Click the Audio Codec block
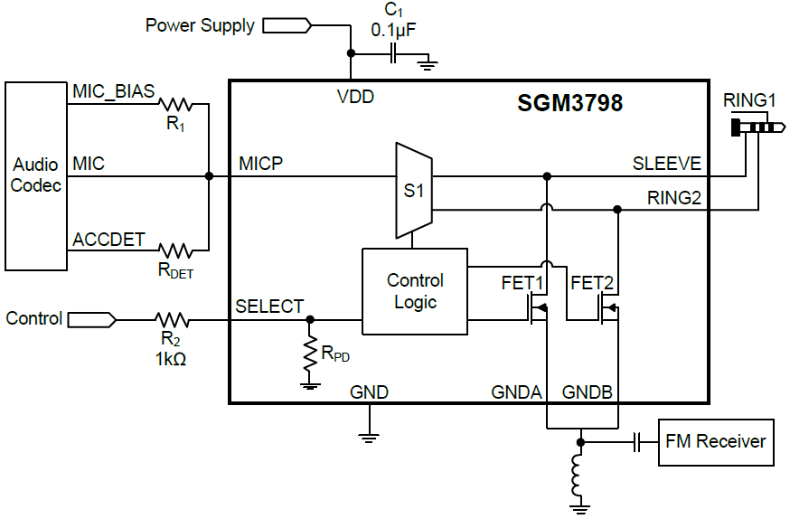coord(36,175)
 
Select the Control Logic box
coord(415,291)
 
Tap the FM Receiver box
coord(715,442)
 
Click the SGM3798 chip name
coord(569,103)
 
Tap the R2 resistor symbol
coord(171,319)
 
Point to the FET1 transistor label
coord(522,284)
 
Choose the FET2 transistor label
coord(592,284)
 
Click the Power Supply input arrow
coord(287,26)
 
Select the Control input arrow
coord(91,319)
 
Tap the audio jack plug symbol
coord(754,127)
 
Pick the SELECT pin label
coord(269,307)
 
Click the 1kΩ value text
coord(171,359)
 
